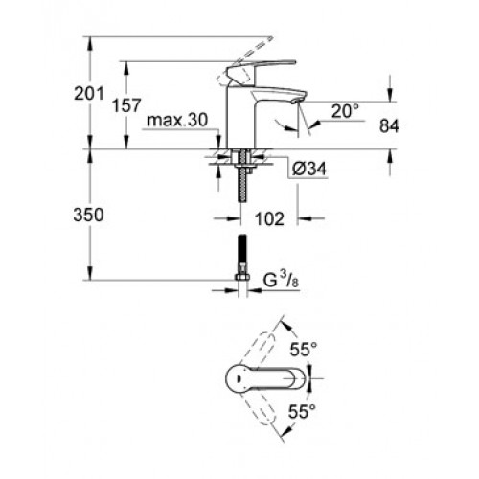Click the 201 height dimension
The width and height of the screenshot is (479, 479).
point(89,94)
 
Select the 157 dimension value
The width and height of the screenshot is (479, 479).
point(126,105)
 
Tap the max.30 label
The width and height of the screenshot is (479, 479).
point(177,120)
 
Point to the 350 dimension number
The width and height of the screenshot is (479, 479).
point(88,215)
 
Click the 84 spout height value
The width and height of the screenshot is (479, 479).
point(389,126)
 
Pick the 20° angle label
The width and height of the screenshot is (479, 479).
point(345,111)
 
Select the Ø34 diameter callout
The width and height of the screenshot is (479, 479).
point(309,169)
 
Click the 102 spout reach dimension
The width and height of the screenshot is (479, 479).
point(269,219)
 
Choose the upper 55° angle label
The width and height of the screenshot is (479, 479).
point(304,349)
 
